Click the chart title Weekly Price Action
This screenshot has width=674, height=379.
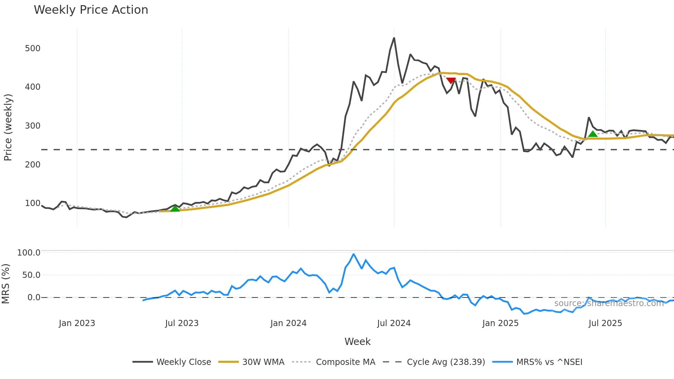pyautogui.click(x=91, y=10)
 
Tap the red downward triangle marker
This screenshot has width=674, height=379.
pyautogui.click(x=450, y=81)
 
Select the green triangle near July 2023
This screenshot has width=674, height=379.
pyautogui.click(x=175, y=208)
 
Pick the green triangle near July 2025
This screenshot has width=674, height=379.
pyautogui.click(x=593, y=134)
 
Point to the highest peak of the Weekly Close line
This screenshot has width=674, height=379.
pyautogui.click(x=394, y=38)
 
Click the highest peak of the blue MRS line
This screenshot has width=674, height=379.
pyautogui.click(x=354, y=254)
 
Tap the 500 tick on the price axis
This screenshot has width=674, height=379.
pyautogui.click(x=33, y=48)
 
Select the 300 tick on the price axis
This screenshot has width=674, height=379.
pyautogui.click(x=33, y=126)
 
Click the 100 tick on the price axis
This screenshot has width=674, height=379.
pyautogui.click(x=33, y=203)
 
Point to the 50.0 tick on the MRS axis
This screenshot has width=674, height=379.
pyautogui.click(x=31, y=275)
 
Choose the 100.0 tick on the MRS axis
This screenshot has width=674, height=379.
pyautogui.click(x=29, y=253)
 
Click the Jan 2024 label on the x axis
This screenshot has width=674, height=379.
pyautogui.click(x=288, y=323)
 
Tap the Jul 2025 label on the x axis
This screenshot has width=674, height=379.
pyautogui.click(x=605, y=323)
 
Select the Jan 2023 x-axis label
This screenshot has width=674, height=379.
pyautogui.click(x=77, y=323)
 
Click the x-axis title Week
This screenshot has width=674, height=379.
pyautogui.click(x=357, y=342)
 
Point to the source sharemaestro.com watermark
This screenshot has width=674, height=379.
pyautogui.click(x=609, y=303)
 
